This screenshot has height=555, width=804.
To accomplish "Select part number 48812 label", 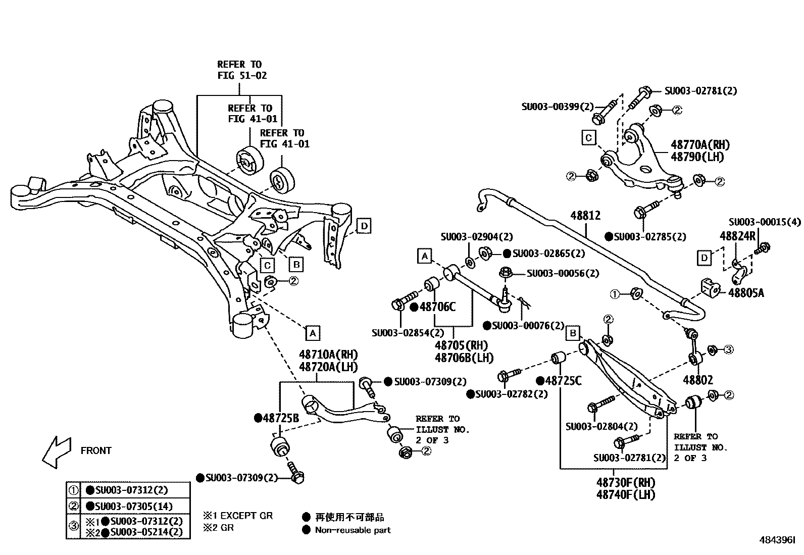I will point(585,216).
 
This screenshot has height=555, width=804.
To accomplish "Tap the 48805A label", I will point(746,292).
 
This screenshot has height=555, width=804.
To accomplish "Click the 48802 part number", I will point(698,380).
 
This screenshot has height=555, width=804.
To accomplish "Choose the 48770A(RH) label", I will point(700,145).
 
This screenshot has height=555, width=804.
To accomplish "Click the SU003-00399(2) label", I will point(557,107).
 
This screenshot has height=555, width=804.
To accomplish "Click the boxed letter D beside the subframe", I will point(364,226).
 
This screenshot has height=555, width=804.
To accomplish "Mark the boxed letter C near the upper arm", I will point(588,137).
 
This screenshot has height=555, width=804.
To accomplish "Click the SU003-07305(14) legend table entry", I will point(133,506).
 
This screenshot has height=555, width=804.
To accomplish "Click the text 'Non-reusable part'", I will point(353,530).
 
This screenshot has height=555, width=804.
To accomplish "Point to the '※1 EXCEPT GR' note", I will point(238,516).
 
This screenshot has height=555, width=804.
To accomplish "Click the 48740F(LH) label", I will point(625,494).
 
